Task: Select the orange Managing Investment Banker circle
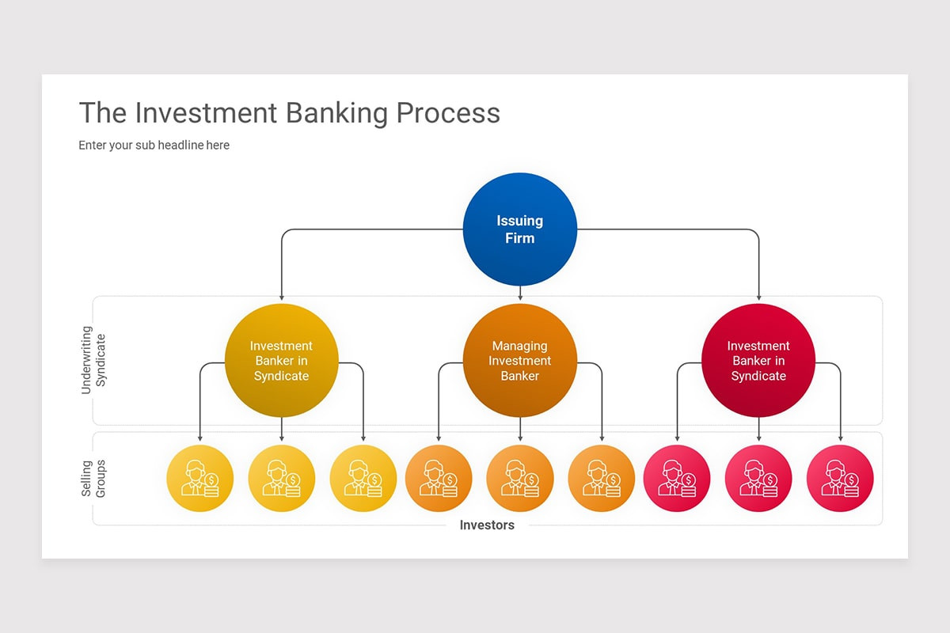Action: click(519, 361)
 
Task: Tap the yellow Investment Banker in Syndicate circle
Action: click(281, 361)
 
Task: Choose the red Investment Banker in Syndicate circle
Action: click(758, 361)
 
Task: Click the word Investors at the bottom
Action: click(487, 525)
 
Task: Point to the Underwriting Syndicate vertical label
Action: click(93, 360)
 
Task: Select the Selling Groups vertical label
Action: click(93, 478)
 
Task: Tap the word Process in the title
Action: click(448, 112)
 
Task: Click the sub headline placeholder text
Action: click(154, 146)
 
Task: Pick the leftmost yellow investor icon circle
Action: click(199, 479)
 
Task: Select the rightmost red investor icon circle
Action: click(840, 479)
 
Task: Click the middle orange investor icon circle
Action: click(520, 479)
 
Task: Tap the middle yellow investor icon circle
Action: click(281, 479)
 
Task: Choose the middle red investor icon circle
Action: click(758, 479)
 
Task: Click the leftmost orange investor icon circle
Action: click(439, 479)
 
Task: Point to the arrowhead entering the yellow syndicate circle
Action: click(281, 298)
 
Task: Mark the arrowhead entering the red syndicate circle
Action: click(758, 298)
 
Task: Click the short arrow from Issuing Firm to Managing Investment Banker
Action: click(520, 294)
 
